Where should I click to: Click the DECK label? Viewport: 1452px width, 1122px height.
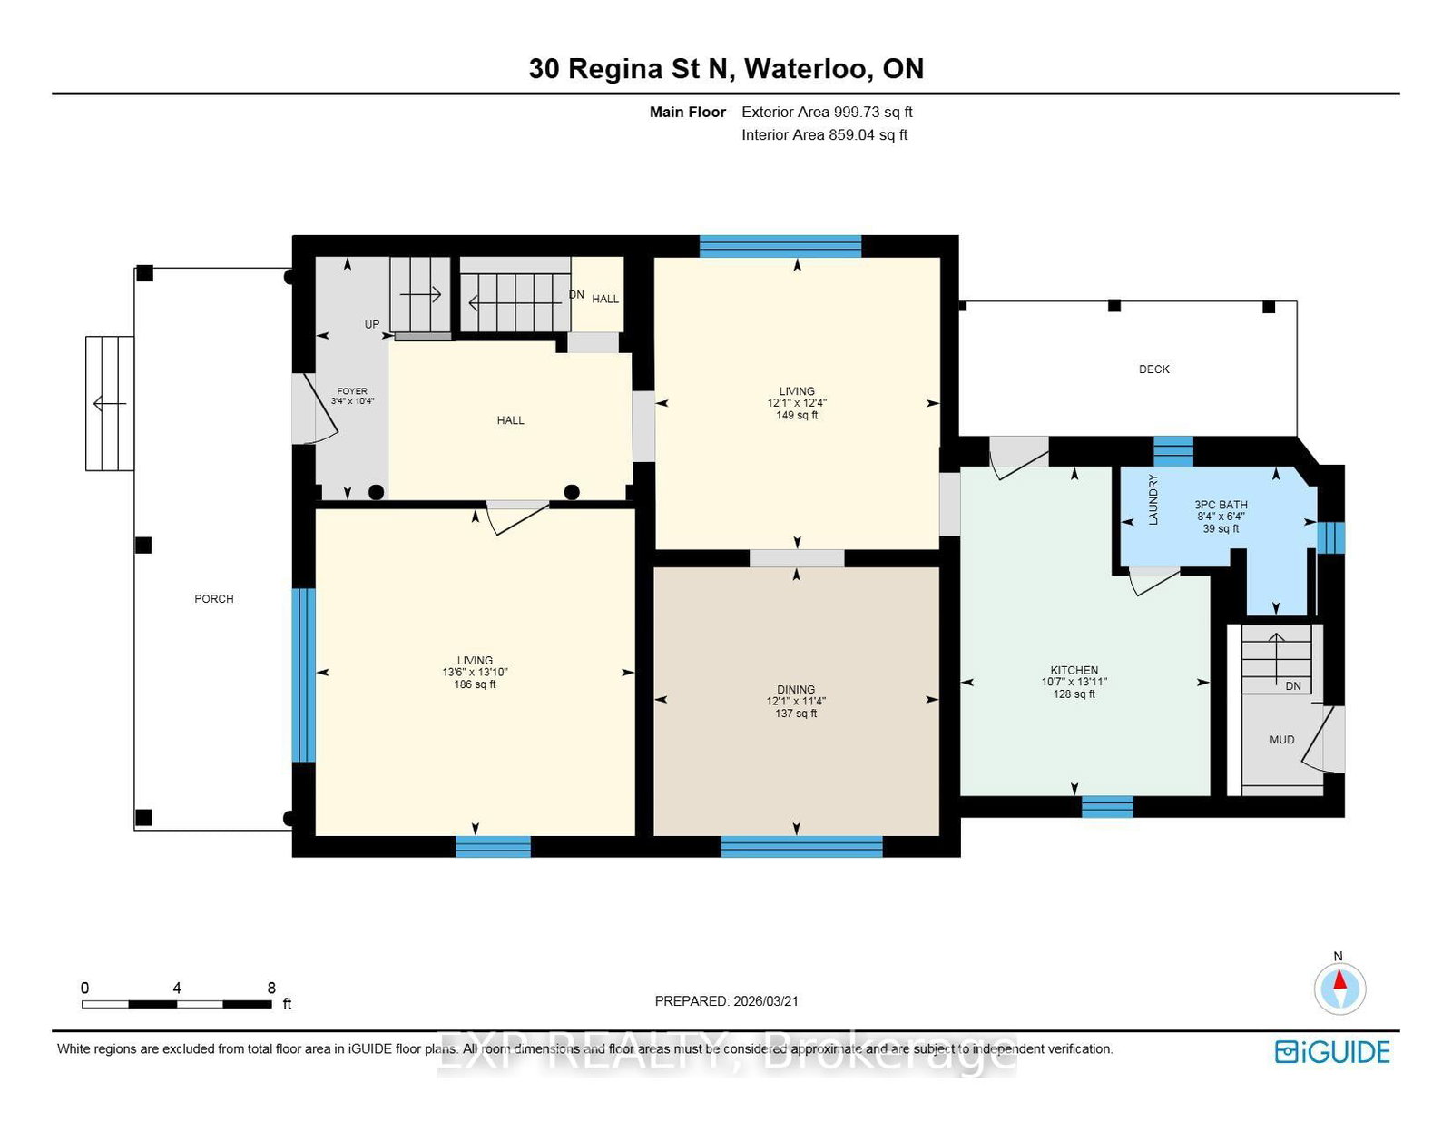(x=1153, y=369)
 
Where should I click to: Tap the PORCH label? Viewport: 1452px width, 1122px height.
(x=213, y=598)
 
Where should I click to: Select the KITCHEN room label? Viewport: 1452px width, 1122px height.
(x=1074, y=670)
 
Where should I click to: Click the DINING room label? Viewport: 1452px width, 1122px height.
(x=795, y=689)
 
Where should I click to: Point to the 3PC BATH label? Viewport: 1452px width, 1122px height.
(x=1221, y=505)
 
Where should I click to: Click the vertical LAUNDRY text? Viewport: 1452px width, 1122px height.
(x=1153, y=499)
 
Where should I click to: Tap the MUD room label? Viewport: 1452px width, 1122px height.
(x=1281, y=740)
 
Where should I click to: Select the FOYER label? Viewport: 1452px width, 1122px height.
(x=352, y=391)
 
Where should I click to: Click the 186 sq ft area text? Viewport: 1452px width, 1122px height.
(x=475, y=684)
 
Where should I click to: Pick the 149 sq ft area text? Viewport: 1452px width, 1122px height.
(x=797, y=415)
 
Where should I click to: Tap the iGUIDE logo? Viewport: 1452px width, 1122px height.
(x=1331, y=1051)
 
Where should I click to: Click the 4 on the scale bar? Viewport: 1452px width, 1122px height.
(x=177, y=988)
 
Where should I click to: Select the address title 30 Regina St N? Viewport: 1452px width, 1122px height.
(x=726, y=69)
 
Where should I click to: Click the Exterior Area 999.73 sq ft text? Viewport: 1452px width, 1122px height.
(x=826, y=112)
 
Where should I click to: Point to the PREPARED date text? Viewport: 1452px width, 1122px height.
(x=726, y=1000)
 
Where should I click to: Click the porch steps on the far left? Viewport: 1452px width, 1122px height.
(x=110, y=403)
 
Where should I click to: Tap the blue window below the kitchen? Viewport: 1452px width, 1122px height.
(x=1107, y=806)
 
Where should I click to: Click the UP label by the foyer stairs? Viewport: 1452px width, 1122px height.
(x=372, y=324)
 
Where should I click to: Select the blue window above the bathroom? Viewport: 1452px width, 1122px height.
(x=1172, y=450)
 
